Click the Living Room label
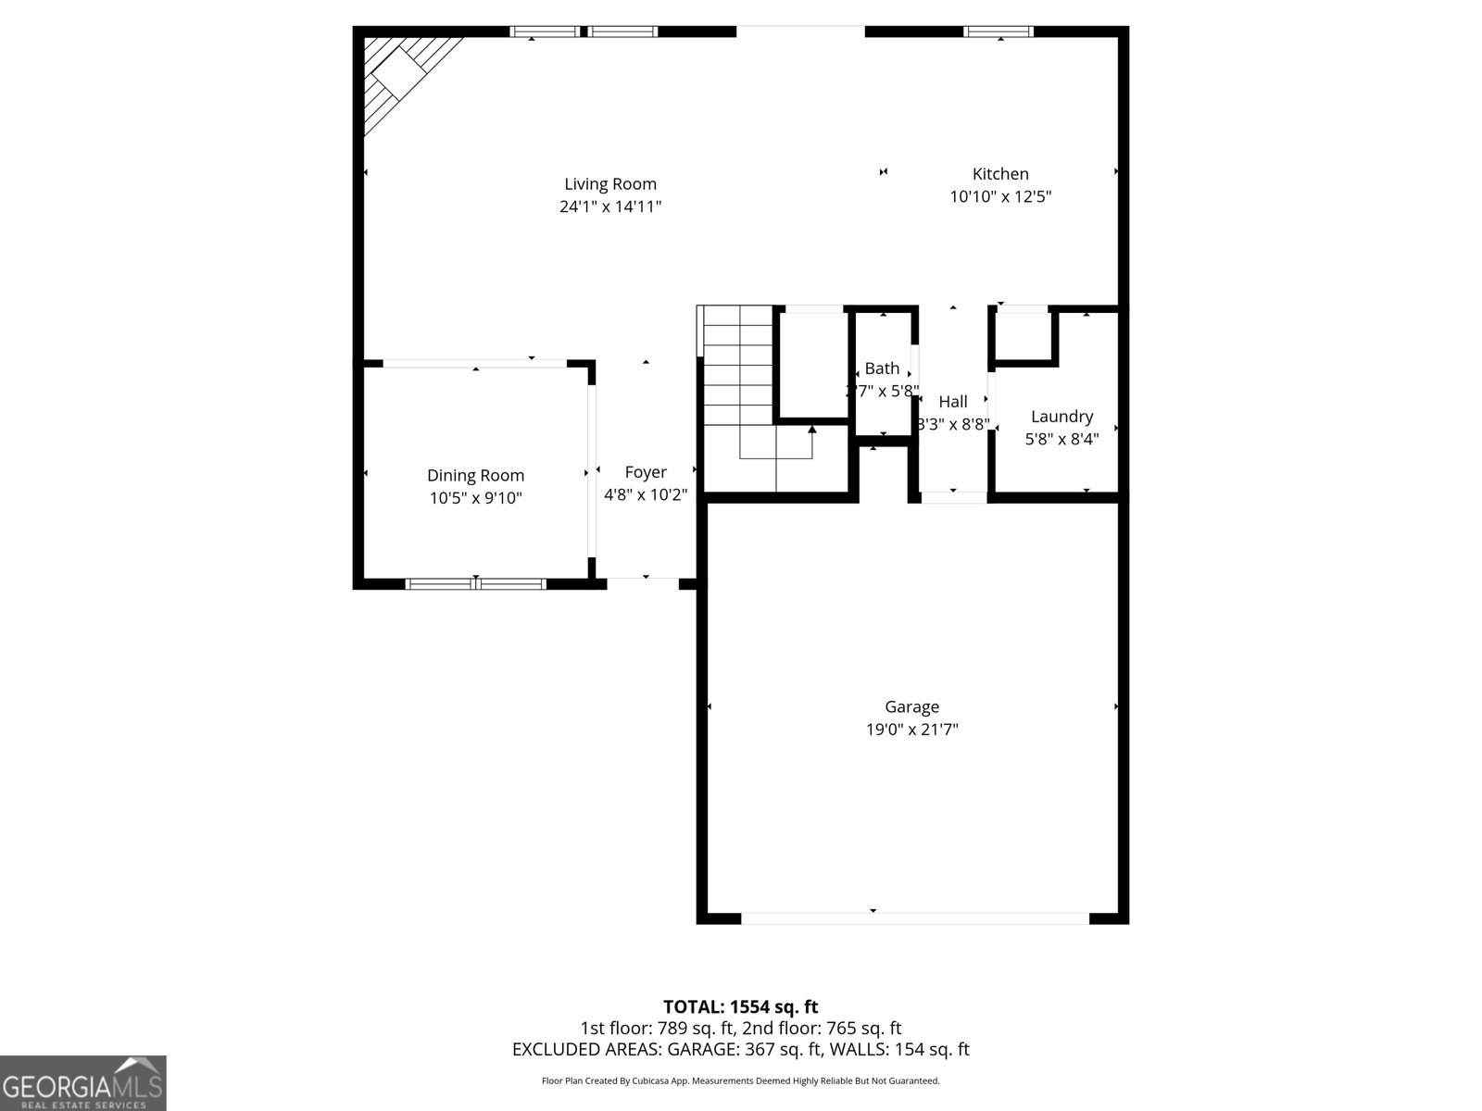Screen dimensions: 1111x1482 (610, 184)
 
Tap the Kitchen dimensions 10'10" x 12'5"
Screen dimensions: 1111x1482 (1000, 196)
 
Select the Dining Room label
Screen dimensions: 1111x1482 (475, 475)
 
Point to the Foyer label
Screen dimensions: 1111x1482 (646, 472)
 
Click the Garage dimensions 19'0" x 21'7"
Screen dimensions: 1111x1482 (911, 730)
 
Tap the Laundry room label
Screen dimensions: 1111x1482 (1061, 417)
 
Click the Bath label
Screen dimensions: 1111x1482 (882, 368)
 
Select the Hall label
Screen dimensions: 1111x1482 (953, 402)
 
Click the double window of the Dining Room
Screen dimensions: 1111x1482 (476, 583)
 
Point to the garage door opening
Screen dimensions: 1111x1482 (915, 918)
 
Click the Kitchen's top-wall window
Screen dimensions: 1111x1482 (998, 31)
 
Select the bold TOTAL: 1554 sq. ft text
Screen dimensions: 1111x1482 (740, 1006)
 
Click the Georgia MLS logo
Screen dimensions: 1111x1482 (83, 1083)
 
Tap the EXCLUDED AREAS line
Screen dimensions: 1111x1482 (740, 1050)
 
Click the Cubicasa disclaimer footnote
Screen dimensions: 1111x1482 (740, 1080)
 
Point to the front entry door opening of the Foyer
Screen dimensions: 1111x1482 (643, 581)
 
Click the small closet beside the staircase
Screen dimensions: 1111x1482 (813, 365)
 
